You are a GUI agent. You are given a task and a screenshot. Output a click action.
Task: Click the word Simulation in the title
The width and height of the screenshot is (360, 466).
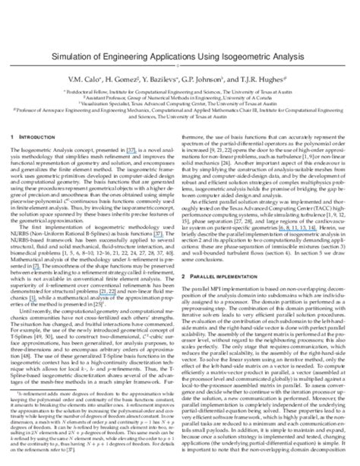74,57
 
